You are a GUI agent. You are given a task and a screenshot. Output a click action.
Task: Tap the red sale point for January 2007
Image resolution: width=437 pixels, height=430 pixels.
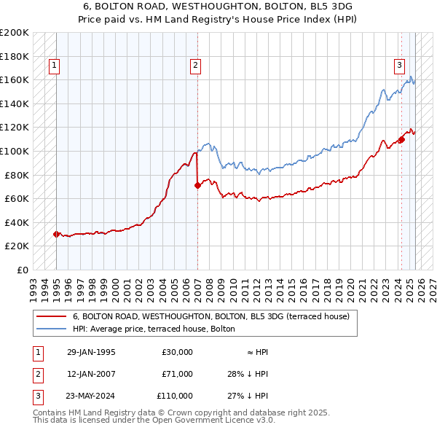click(x=197, y=185)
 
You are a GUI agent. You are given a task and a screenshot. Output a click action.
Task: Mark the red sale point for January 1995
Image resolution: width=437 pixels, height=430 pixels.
click(x=56, y=234)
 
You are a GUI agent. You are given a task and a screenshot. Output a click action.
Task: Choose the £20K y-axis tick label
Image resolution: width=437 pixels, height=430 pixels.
click(x=17, y=246)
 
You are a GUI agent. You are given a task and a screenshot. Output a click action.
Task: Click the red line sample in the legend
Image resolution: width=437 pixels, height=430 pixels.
click(x=52, y=316)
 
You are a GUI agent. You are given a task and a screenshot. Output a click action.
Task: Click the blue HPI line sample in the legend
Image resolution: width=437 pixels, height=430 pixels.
click(x=52, y=329)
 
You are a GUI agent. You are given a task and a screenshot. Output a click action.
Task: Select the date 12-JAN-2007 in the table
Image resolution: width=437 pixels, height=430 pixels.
click(x=91, y=374)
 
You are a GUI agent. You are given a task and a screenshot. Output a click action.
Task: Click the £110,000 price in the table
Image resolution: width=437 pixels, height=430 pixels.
click(x=175, y=396)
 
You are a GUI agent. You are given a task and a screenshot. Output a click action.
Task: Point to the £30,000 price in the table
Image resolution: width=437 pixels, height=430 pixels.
click(x=177, y=352)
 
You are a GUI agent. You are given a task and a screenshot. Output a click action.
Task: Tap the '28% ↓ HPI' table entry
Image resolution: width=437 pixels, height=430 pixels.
click(x=248, y=374)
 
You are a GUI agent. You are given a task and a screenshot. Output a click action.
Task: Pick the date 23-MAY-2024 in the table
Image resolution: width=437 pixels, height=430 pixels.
click(x=91, y=396)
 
